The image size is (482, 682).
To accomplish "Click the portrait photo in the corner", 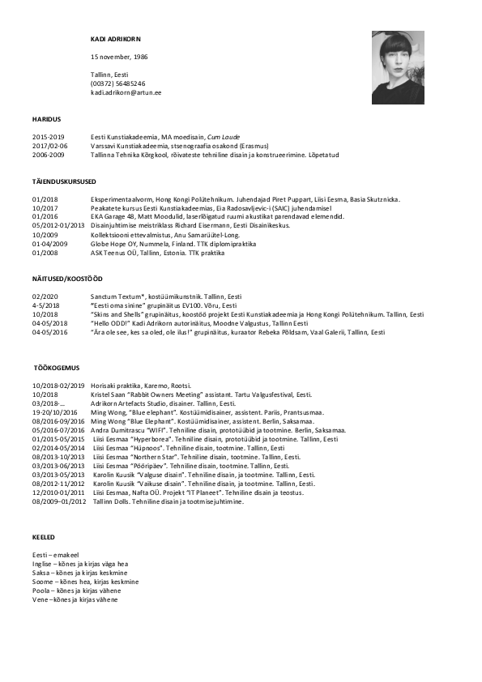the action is tap(398, 68).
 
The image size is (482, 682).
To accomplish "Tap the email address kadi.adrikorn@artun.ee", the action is tap(126, 93).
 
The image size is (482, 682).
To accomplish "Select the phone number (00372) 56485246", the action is tap(118, 83).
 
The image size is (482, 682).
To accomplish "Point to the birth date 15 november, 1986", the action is tap(119, 58).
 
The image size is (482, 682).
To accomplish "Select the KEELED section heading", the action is tap(44, 537).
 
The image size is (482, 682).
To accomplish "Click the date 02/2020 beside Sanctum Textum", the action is tap(45, 297).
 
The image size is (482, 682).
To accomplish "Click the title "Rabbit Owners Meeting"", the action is tap(163, 394).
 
